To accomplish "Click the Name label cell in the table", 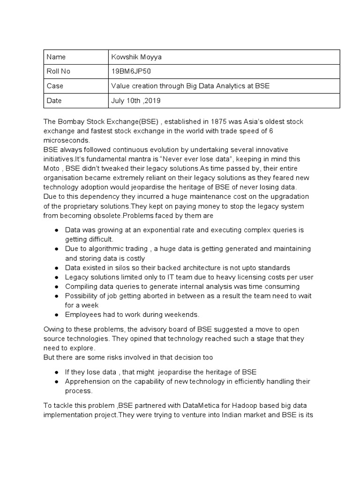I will pos(56,57).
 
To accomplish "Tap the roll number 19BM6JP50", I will pos(131,72).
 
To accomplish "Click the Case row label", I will pos(55,86).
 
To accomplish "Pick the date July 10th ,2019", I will pos(136,101).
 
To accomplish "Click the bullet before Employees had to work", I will pos(56,315).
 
